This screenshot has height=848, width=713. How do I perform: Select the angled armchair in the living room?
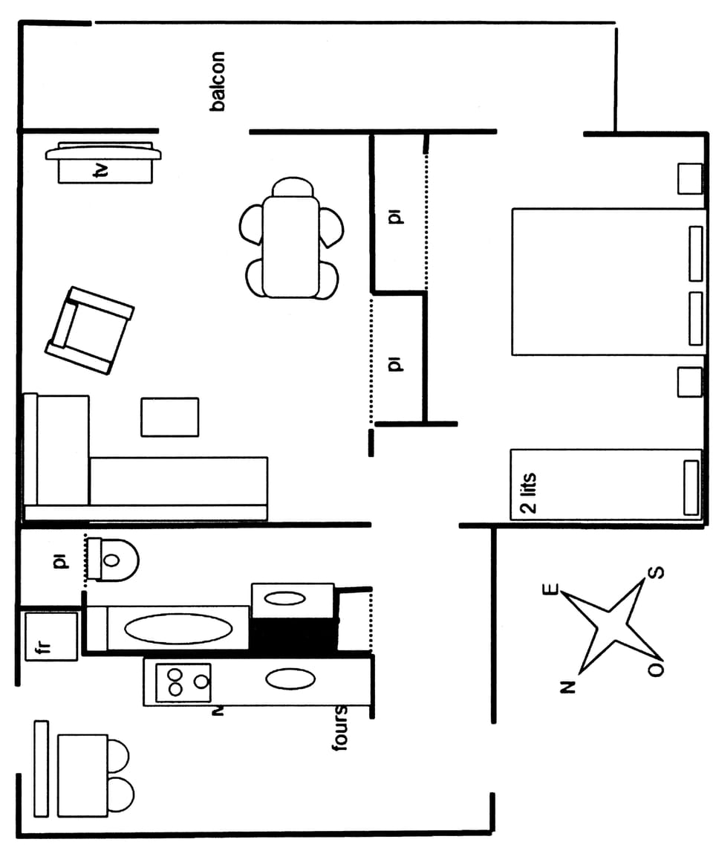pos(89,330)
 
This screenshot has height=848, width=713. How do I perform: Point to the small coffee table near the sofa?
pos(170,417)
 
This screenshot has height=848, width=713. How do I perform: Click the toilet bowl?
pos(115,560)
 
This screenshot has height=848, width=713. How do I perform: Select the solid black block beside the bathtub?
pos(293,635)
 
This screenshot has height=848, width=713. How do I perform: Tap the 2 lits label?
pos(527,494)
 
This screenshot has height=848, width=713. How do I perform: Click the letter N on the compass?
pos(568,685)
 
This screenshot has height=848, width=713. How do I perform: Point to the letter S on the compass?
pos(657,574)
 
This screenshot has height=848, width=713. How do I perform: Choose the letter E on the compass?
pos(551,589)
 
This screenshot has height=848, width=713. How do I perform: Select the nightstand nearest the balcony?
pos(689,178)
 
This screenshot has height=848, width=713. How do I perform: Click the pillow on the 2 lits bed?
pos(691,488)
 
